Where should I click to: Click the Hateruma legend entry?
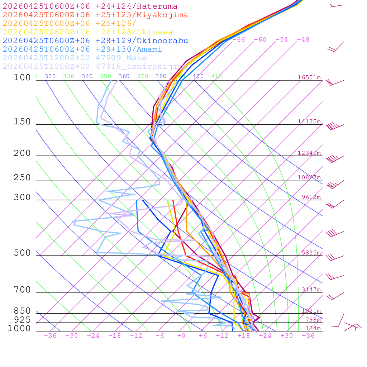[90, 6]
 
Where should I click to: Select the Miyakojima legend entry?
[95, 15]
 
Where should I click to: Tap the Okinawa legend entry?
[87, 32]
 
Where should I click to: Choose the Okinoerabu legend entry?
[95, 41]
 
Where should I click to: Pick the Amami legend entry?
[82, 49]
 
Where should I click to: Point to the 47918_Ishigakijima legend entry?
[95, 67]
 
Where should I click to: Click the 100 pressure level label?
[22, 77]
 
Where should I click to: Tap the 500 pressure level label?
[22, 253]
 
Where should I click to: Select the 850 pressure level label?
[22, 311]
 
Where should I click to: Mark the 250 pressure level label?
[22, 178]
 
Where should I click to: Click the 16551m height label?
[309, 77]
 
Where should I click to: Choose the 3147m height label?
[311, 290]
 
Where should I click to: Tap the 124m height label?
[313, 328]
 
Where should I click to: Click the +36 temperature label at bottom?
[308, 336]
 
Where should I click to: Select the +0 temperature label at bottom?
[181, 336]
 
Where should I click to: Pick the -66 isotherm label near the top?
[239, 40]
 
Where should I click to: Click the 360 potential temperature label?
[124, 76]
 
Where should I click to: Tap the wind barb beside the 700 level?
[334, 296]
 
